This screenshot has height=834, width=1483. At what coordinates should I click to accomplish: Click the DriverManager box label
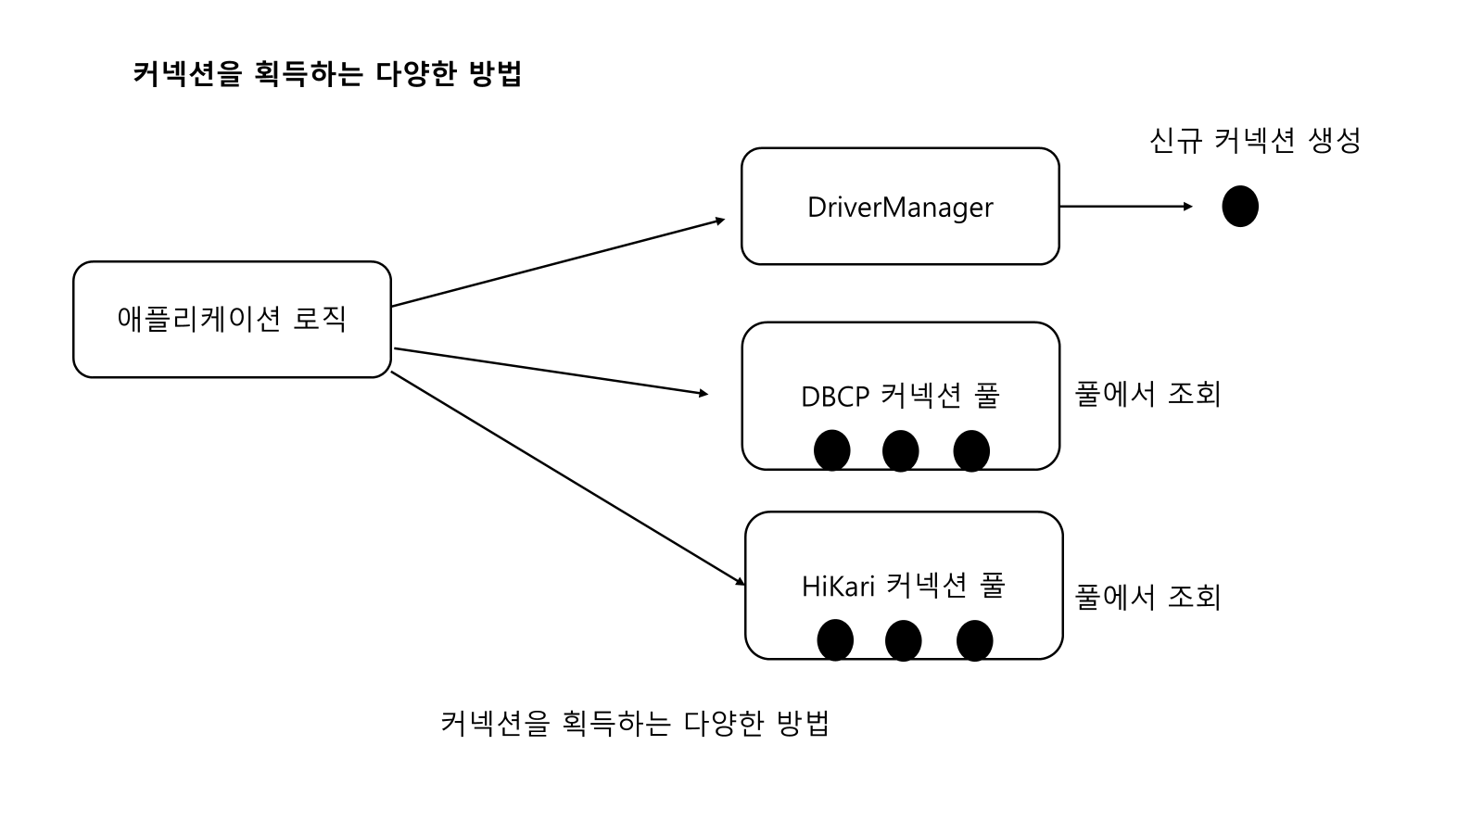900,207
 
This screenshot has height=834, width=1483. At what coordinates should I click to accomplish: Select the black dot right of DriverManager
1240,207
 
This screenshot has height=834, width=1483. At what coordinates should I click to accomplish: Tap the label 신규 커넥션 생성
1255,141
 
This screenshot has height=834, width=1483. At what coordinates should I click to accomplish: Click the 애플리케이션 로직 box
232,320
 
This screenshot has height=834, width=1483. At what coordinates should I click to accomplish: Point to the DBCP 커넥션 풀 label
900,396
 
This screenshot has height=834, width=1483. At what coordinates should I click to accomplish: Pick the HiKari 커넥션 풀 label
903,586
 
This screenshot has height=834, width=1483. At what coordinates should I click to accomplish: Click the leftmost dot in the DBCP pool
831,450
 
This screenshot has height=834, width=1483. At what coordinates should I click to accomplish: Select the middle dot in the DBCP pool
900,451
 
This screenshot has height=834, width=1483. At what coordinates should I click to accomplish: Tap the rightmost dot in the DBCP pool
971,451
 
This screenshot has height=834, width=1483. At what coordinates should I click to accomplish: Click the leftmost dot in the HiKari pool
835,640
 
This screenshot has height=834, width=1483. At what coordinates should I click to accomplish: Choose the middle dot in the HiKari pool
904,640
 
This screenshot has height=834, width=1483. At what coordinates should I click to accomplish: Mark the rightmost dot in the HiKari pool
974,640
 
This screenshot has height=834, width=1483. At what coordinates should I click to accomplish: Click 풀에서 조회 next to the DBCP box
1147,395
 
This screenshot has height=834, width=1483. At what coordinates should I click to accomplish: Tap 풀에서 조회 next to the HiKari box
1147,597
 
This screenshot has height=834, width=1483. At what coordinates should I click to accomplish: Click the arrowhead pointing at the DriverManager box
719,221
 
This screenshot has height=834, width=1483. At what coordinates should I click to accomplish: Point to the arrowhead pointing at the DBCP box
703,394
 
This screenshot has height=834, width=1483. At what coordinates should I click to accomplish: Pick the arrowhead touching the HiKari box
740,582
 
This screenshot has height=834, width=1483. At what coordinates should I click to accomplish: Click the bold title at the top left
327,74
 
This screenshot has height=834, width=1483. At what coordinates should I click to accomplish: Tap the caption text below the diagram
634,723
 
